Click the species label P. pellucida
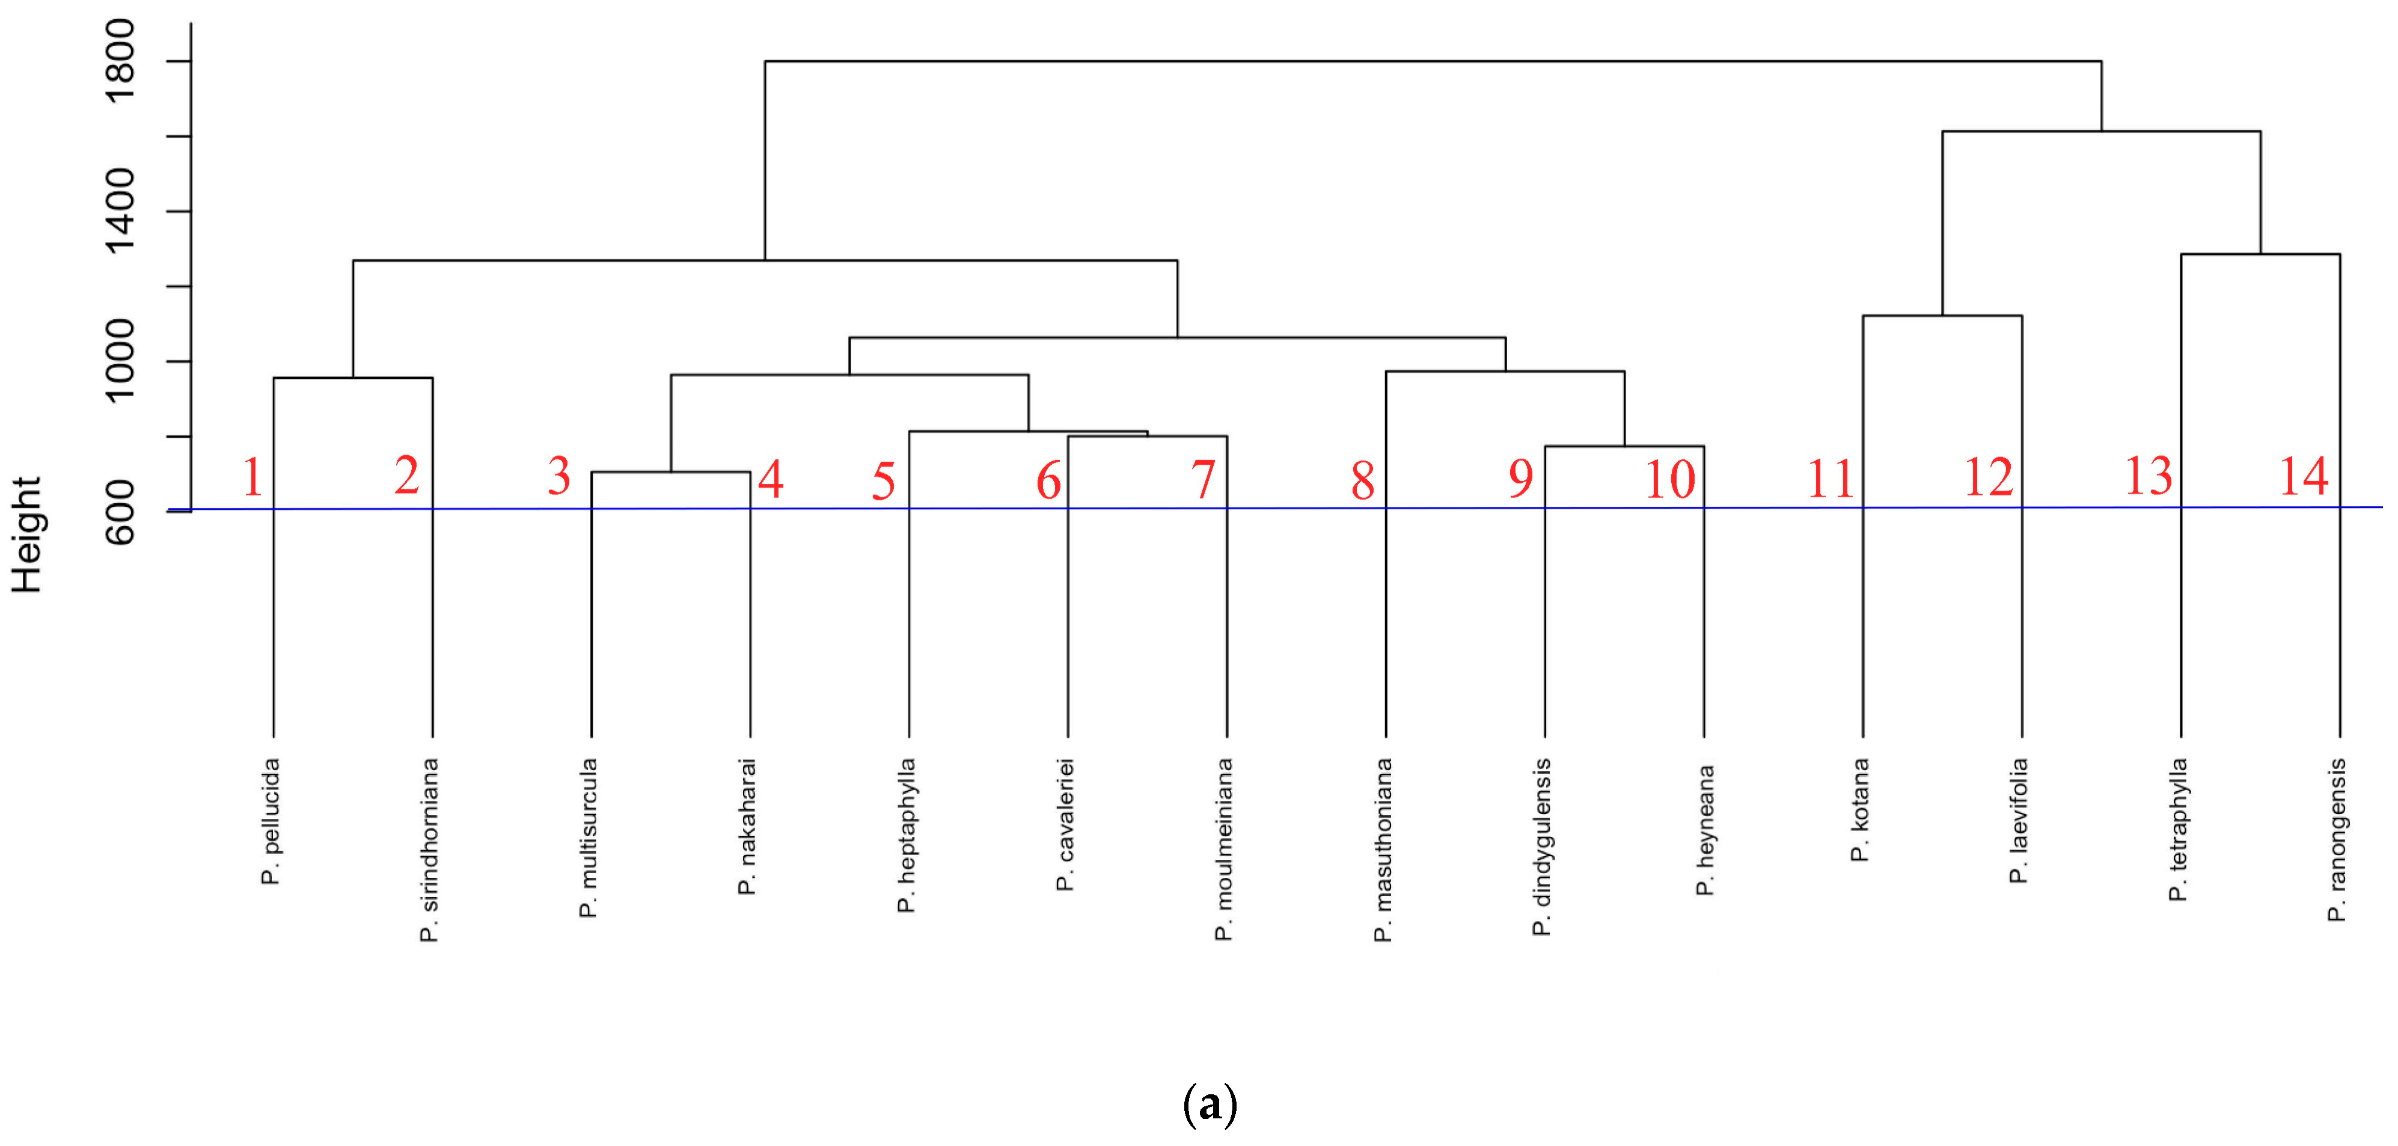pos(270,822)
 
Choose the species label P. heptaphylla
pos(906,836)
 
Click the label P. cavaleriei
pos(1065,826)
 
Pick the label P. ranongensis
pos(2337,841)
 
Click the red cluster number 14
pos(2303,477)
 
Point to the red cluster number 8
pos(1363,481)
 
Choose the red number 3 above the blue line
pos(558,477)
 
